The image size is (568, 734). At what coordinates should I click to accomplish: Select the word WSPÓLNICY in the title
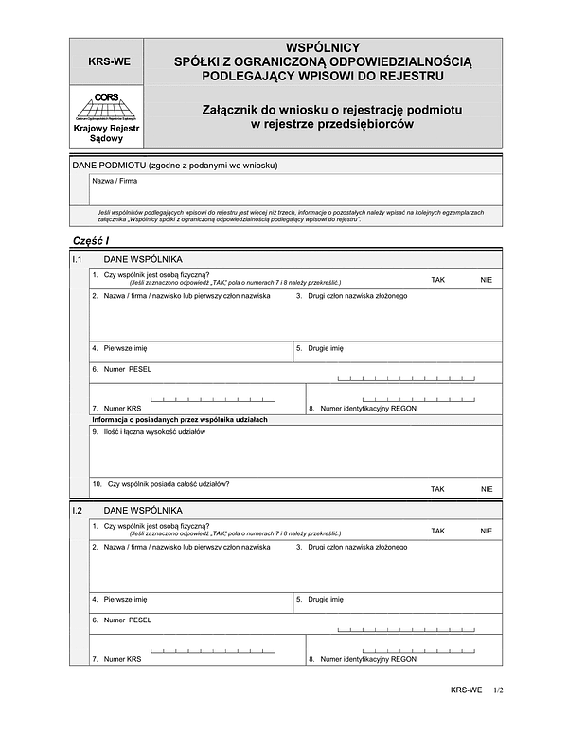322,46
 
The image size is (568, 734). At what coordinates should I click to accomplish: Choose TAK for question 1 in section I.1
437,280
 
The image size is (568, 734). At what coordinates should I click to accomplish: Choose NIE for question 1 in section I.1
487,280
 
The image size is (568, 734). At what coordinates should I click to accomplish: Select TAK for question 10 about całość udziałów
437,489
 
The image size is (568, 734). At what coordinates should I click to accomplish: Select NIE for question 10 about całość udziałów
487,489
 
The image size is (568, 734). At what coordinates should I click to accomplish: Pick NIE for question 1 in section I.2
487,531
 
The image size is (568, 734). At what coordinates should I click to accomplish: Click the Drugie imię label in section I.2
326,599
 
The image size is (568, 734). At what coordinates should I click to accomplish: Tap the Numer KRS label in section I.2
122,659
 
